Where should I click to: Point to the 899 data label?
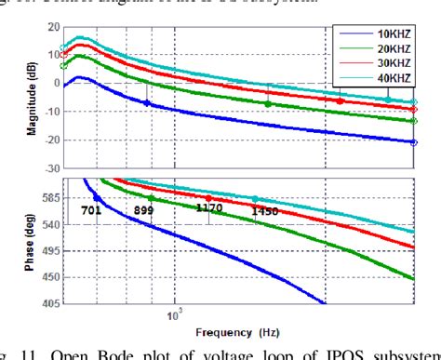tap(143, 210)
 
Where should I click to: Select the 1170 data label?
tap(209, 208)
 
